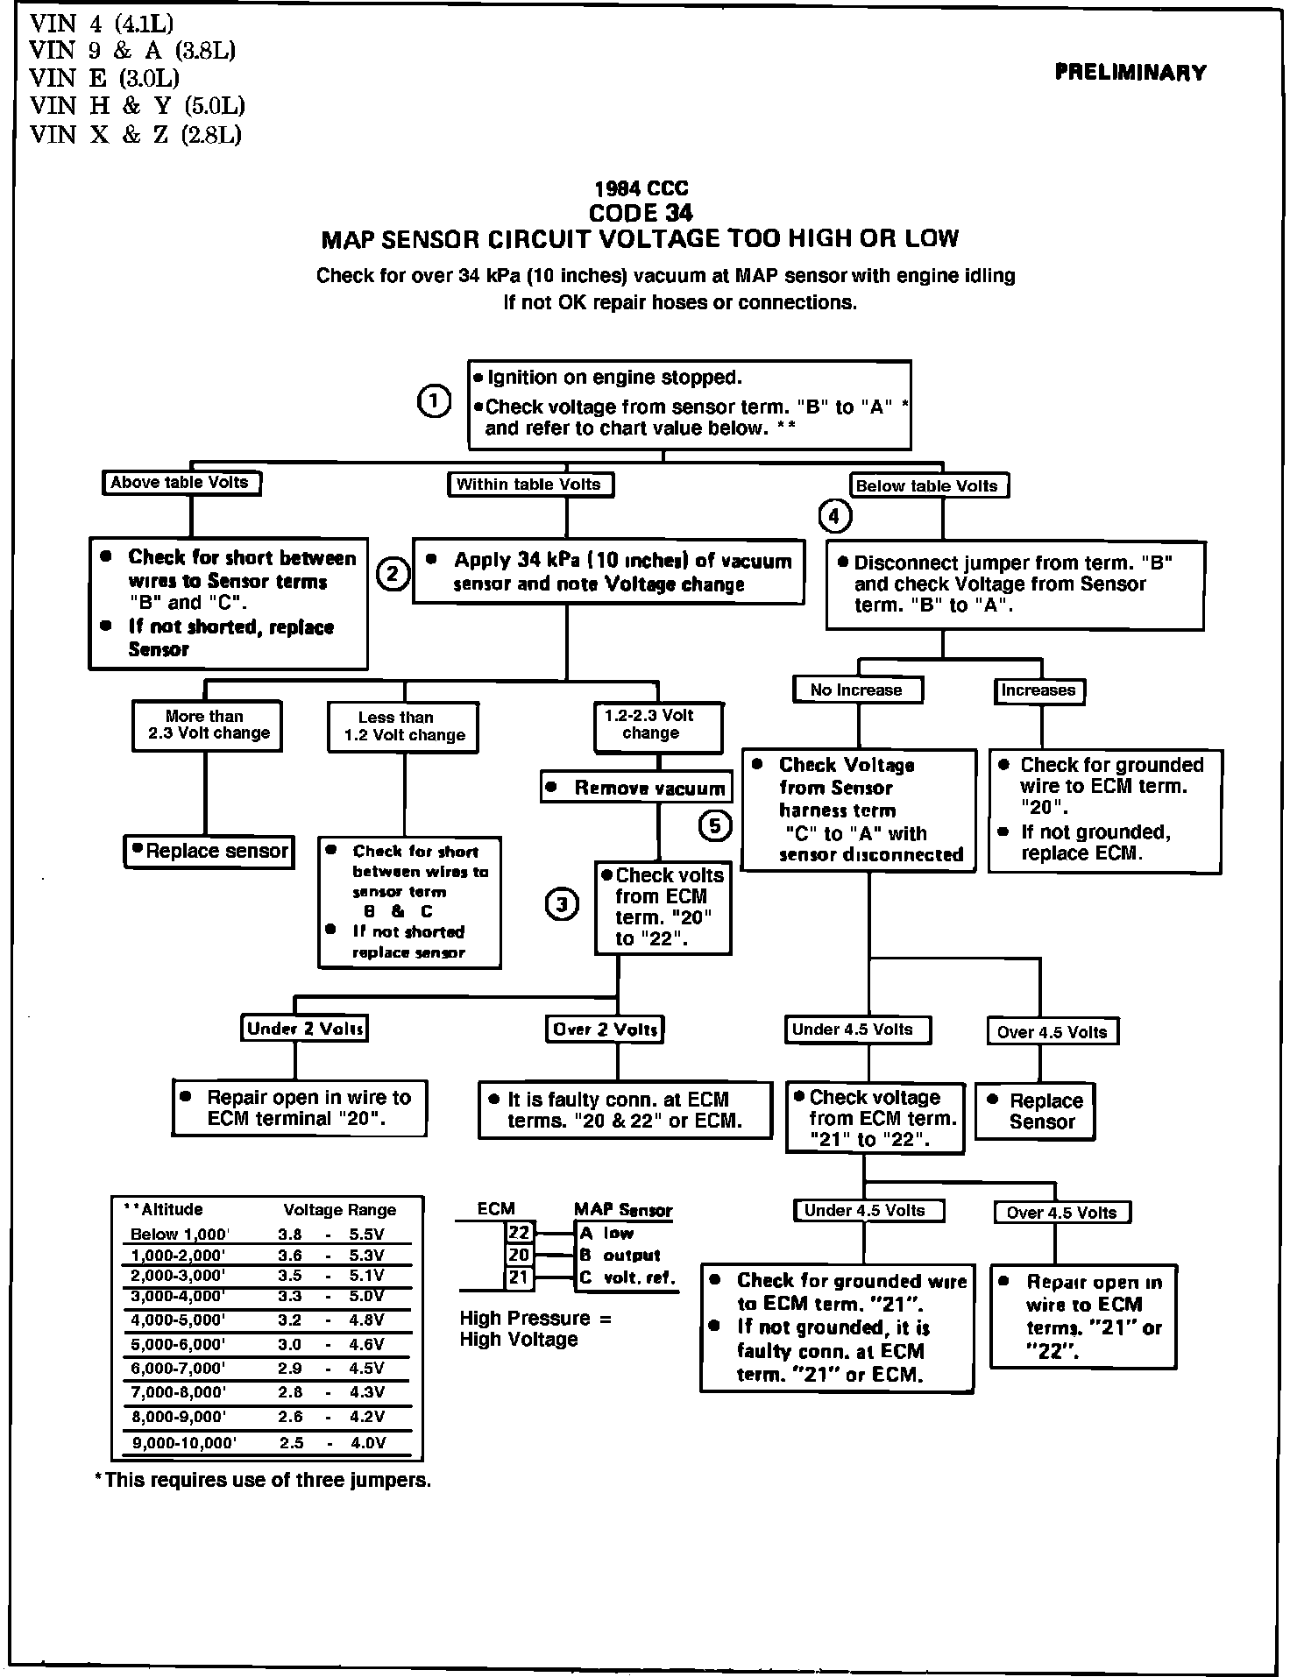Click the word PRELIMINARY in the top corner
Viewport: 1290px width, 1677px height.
(x=1131, y=73)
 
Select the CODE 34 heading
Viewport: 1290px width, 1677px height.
(x=641, y=213)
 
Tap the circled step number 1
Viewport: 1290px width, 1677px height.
(x=434, y=401)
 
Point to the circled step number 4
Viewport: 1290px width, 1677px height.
(x=833, y=517)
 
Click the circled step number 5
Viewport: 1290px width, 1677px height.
(x=715, y=825)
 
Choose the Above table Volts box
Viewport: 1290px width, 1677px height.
(x=182, y=483)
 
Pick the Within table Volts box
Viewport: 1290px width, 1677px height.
(x=530, y=485)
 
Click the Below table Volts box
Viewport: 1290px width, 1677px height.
(x=928, y=486)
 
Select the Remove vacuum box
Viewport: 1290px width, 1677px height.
(x=635, y=788)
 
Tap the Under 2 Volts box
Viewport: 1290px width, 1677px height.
(x=304, y=1029)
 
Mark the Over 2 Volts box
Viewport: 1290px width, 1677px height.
(x=604, y=1030)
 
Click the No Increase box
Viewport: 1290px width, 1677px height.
(x=857, y=690)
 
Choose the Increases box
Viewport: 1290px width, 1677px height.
(x=1040, y=691)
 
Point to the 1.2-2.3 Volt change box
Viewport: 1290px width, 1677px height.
(x=657, y=726)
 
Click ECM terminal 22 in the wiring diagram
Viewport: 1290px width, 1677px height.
(x=519, y=1233)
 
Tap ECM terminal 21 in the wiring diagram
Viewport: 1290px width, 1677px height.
(x=519, y=1277)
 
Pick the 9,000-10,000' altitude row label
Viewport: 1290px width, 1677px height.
(x=184, y=1443)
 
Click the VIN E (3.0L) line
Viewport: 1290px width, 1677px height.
(x=105, y=78)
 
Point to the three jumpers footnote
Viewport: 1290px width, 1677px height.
(x=263, y=1481)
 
